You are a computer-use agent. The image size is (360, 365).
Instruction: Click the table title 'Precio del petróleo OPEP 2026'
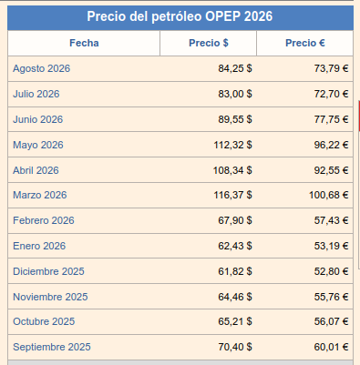180,16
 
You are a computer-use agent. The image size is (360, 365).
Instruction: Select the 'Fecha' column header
84,43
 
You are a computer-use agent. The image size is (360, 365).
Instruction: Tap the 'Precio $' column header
209,43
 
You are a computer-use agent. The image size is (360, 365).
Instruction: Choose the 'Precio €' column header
305,43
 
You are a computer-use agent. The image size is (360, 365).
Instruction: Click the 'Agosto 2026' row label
41,68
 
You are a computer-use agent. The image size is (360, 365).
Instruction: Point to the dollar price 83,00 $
235,94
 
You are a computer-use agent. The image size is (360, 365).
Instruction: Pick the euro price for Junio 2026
331,119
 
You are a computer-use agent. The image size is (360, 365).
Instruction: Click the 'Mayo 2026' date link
38,145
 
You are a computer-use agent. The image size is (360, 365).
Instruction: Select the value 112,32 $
232,145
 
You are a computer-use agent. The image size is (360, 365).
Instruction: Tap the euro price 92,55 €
331,170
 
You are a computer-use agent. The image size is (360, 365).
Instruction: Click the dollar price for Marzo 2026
232,195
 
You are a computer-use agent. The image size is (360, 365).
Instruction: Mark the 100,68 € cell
329,195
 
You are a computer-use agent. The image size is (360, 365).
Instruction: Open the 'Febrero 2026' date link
44,220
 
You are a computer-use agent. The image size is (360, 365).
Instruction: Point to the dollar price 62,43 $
235,246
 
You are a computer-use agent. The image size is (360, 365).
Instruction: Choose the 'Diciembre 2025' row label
48,271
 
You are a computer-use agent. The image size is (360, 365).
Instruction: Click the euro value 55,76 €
331,297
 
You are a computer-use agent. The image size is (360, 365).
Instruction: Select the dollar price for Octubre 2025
235,321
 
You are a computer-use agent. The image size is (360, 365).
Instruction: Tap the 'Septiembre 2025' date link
52,347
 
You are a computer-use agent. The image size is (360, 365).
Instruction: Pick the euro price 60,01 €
331,347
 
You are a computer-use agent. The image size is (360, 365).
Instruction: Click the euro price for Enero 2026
331,246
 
